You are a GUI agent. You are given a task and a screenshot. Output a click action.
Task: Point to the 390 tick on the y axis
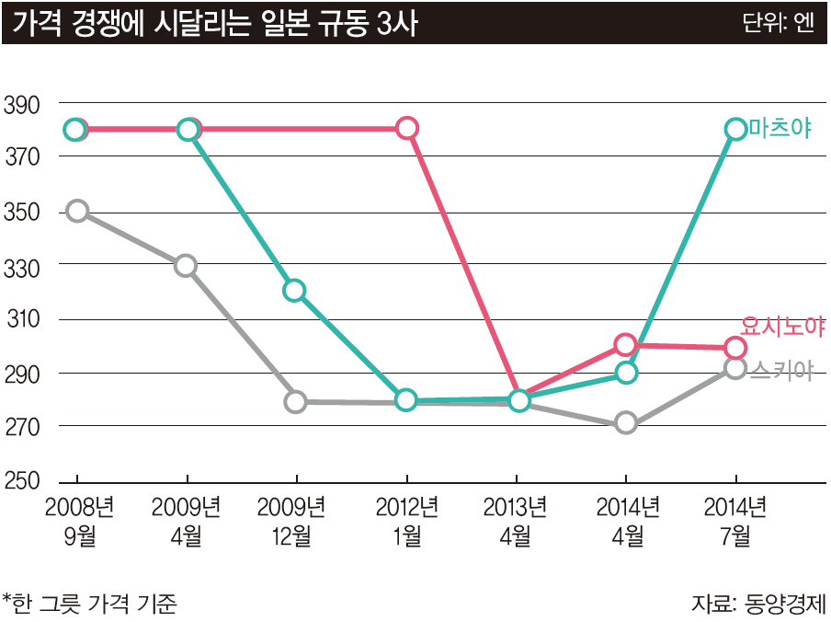point(22,104)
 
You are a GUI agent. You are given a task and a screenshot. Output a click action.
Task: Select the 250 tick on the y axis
point(22,481)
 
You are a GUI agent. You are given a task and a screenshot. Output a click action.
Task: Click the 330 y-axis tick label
point(22,266)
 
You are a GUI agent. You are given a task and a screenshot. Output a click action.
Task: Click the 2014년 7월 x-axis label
point(734,520)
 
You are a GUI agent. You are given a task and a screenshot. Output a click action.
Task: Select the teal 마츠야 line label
point(780,129)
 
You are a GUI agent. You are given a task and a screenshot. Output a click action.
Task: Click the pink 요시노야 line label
point(782,326)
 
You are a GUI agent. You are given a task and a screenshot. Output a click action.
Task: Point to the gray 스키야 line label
point(781,370)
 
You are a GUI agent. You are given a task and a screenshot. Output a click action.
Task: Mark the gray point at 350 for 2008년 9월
point(77,211)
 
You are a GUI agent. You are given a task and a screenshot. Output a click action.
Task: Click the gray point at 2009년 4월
point(186,266)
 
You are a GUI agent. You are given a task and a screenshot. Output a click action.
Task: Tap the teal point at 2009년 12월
point(294,291)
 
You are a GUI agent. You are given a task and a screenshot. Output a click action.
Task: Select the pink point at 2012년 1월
point(408,129)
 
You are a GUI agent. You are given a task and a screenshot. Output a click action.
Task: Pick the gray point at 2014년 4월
point(626,424)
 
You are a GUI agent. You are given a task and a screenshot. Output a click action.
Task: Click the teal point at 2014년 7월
point(735,129)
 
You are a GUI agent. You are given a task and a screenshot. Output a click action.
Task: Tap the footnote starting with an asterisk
point(89,604)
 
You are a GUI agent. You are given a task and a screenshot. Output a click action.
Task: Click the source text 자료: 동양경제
point(758,604)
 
